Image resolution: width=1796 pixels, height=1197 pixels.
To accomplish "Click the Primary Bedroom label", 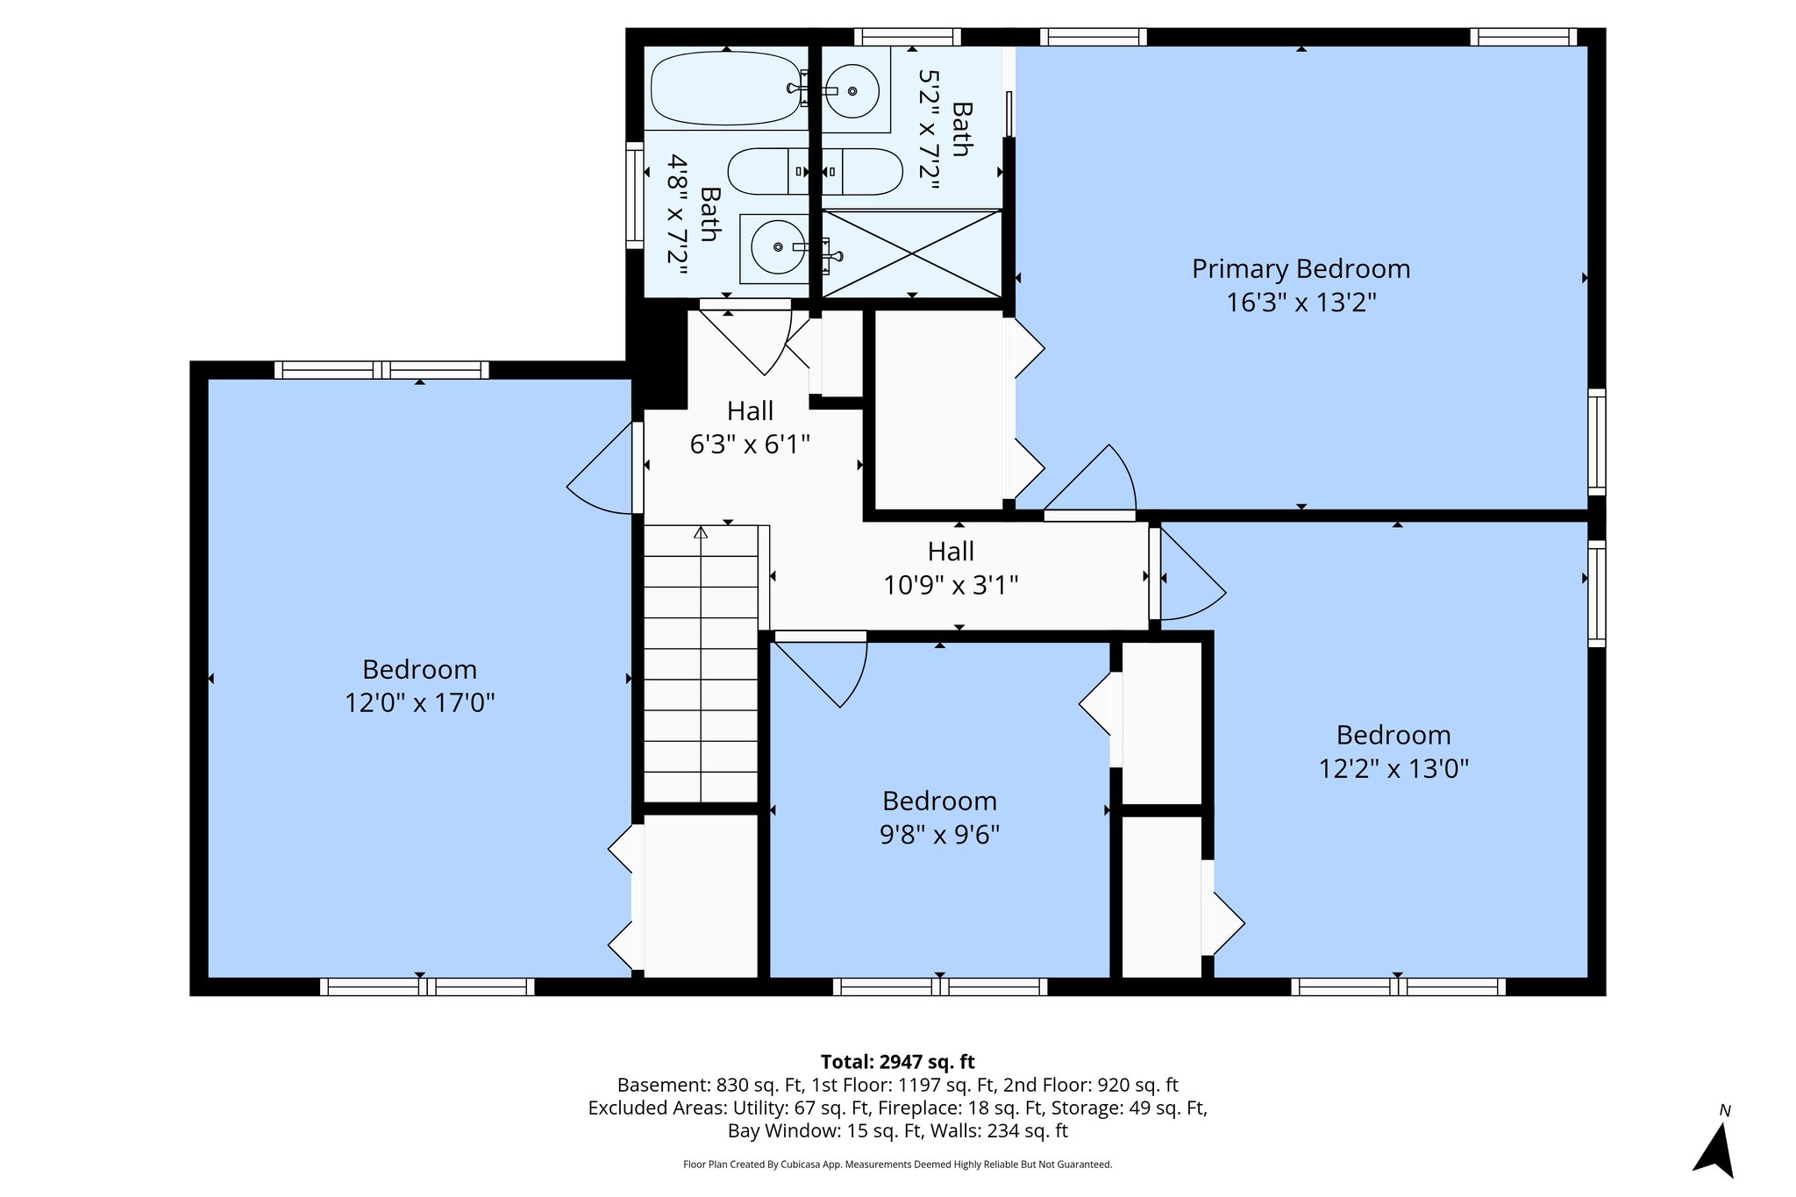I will click(1301, 268).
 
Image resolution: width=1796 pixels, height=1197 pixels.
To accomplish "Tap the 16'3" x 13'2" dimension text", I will click(1301, 303).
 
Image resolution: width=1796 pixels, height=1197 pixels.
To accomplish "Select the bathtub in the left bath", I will click(726, 89).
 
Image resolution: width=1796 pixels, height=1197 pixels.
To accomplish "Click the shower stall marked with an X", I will click(912, 253).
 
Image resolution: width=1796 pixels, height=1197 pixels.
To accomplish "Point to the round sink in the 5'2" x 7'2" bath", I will click(852, 90).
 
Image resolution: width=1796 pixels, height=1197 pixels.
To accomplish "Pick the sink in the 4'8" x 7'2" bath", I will click(777, 248).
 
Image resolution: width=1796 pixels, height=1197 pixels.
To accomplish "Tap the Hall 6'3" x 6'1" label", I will click(750, 427).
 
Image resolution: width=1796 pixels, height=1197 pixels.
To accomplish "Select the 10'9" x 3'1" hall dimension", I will click(951, 585).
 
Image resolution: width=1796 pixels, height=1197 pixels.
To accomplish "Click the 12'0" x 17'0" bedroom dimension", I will click(420, 702).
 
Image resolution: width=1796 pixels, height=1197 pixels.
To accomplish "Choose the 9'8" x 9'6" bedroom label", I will click(939, 817).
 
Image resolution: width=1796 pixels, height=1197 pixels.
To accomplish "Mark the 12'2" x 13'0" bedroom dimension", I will click(1393, 769).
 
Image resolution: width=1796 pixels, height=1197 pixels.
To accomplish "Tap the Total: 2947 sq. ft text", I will click(897, 1062).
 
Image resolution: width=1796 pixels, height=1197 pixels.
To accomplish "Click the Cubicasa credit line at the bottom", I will click(897, 1165).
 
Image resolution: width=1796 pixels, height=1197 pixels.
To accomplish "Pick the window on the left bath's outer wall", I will click(634, 195).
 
